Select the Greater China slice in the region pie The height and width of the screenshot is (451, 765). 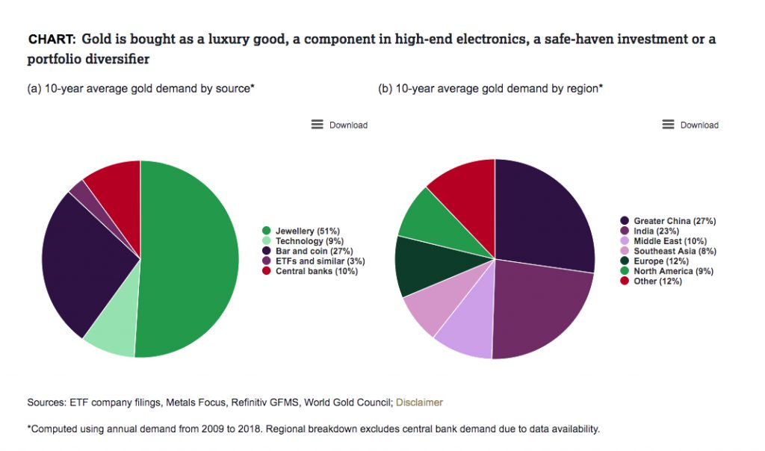[542, 213]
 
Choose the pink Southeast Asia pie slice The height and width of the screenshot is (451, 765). [430, 306]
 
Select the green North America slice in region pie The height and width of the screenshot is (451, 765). [426, 217]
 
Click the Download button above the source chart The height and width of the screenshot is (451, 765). [340, 125]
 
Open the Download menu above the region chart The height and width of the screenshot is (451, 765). [690, 125]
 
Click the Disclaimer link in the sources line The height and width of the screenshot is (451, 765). [419, 402]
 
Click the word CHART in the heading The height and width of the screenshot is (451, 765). [52, 39]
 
